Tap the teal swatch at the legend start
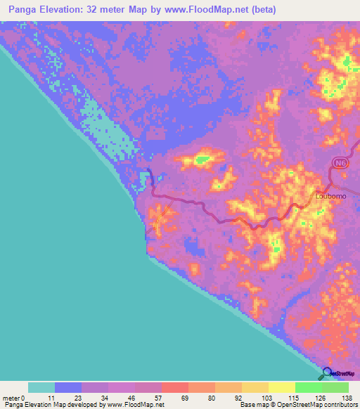coord(41,387)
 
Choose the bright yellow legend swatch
coord(282,387)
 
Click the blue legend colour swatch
coord(68,387)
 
